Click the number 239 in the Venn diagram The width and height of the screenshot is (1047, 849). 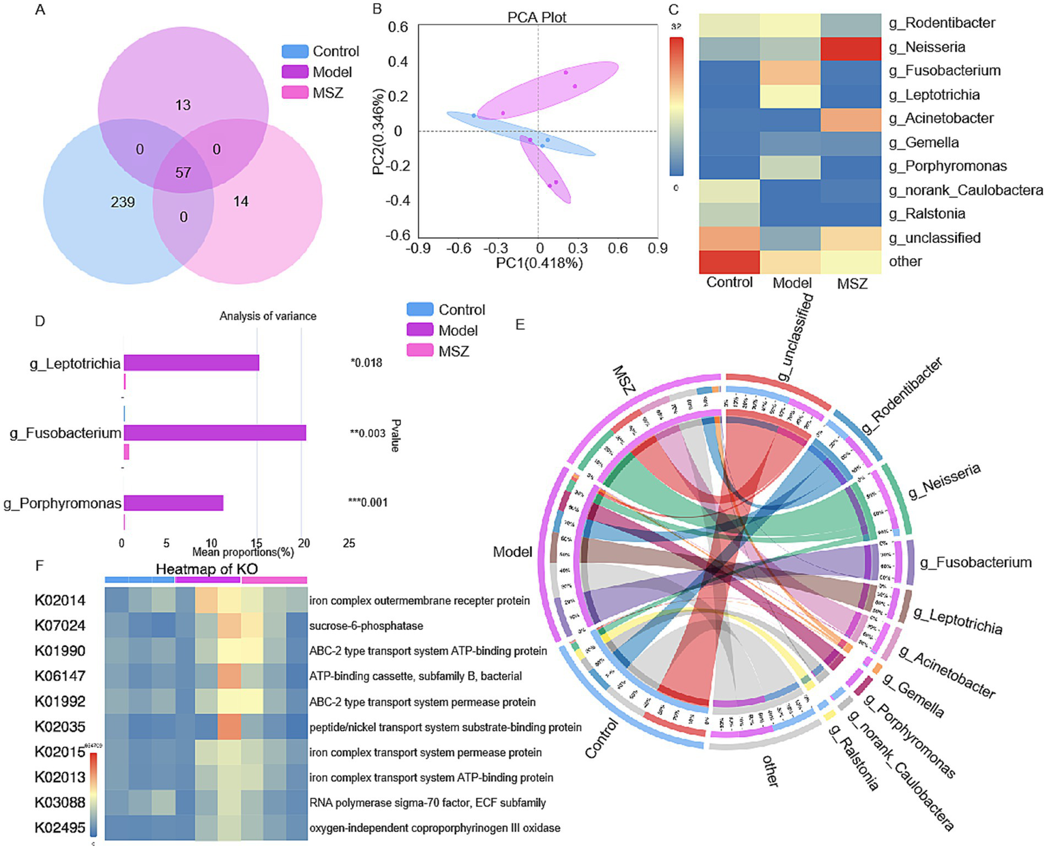tap(123, 202)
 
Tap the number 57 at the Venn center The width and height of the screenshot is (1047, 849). tap(183, 172)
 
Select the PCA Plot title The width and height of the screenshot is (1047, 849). tap(537, 17)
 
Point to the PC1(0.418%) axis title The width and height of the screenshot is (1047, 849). tap(539, 263)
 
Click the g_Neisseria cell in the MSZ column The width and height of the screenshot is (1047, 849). tap(851, 47)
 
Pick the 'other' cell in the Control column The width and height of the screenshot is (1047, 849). tap(729, 261)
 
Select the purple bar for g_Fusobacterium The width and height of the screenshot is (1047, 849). tap(214, 433)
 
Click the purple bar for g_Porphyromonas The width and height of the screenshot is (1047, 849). tap(173, 503)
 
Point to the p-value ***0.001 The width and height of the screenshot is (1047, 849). tap(368, 503)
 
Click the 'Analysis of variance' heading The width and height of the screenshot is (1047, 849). tap(267, 316)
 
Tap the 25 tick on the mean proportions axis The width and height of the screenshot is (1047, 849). tap(349, 543)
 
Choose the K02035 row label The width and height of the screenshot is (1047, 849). tap(60, 727)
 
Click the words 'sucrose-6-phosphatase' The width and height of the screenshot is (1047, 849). tap(366, 626)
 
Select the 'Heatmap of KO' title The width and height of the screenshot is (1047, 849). tap(207, 569)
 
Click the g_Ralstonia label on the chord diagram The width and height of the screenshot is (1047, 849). tap(853, 758)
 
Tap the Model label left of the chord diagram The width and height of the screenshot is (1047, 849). tap(512, 551)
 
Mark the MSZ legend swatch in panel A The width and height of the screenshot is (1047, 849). tap(295, 93)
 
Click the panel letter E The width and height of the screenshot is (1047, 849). tap(520, 324)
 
